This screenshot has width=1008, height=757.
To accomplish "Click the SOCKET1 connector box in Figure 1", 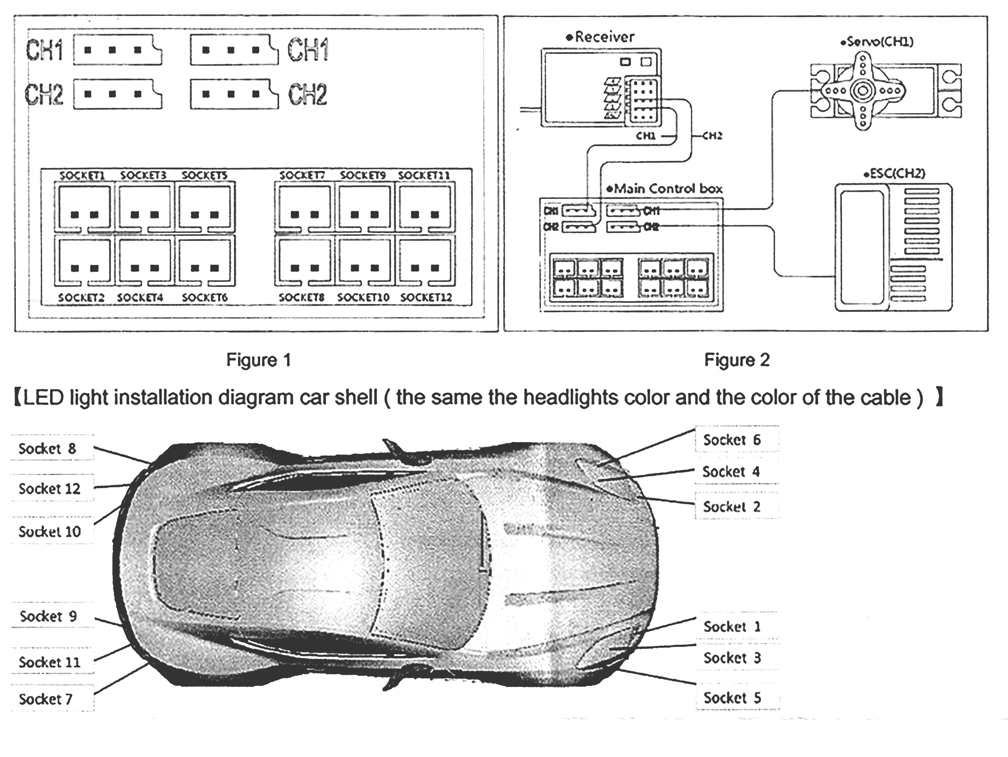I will point(83,207).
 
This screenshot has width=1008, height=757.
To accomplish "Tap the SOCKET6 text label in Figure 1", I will point(205,298).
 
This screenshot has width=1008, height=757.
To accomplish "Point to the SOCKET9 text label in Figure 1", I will point(363,175).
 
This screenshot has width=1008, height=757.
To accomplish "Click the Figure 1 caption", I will point(258,360).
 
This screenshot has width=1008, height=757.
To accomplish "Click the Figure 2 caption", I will point(737,360).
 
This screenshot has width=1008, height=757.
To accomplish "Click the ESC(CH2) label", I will point(894,174).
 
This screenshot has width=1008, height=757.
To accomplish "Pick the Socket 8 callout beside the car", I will point(47,449).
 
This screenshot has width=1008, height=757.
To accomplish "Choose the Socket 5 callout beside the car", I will point(732,698).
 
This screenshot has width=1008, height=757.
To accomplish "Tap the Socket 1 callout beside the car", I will point(732,627).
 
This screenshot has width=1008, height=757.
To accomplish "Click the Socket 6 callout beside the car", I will point(732,440).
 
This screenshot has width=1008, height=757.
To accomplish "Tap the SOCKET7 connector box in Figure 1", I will point(303,207).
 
